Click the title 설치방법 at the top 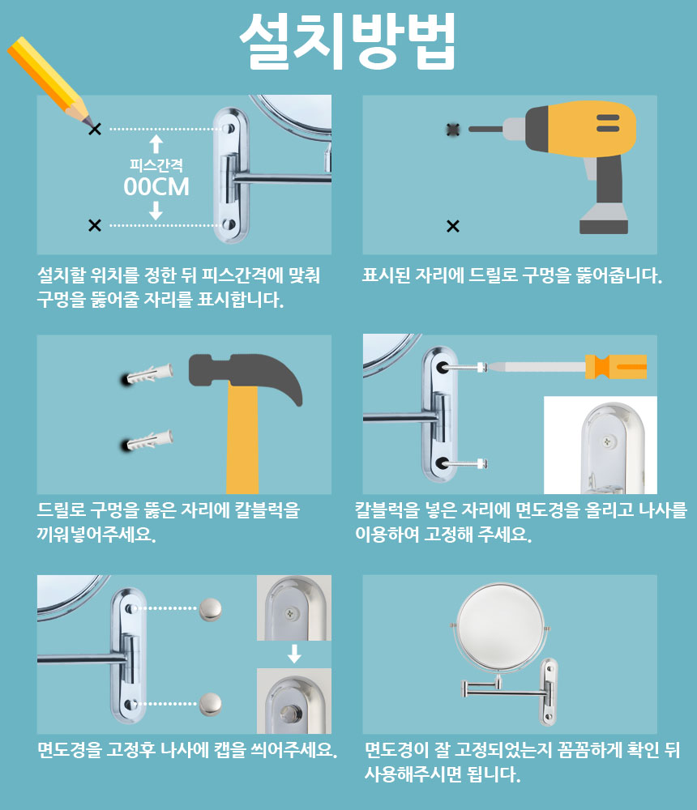coord(348,41)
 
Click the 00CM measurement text coord(156,187)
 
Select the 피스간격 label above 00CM coord(156,165)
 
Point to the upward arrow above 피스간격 coord(156,144)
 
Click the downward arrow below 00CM coord(156,211)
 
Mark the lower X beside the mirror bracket coord(95,225)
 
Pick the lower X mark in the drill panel coord(453,226)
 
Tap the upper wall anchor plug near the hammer coord(150,374)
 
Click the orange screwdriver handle coord(616,367)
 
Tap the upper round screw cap coord(211,609)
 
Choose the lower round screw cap coord(211,704)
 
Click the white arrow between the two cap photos coord(294,654)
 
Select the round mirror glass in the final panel coord(501,629)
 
